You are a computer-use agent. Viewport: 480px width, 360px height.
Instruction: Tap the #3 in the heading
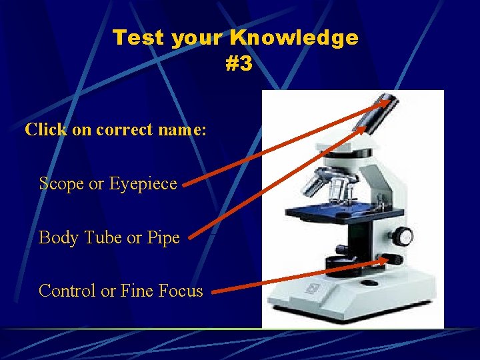239,64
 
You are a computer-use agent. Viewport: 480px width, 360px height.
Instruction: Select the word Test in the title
139,38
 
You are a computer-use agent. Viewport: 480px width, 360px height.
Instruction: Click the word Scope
61,183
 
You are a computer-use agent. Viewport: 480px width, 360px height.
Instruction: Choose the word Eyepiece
143,183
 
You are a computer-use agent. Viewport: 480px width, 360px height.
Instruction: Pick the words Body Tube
79,237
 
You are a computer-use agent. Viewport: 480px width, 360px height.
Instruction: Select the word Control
67,291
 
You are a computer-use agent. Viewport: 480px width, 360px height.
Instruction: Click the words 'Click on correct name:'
115,129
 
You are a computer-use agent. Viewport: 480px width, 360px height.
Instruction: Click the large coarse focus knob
402,237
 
